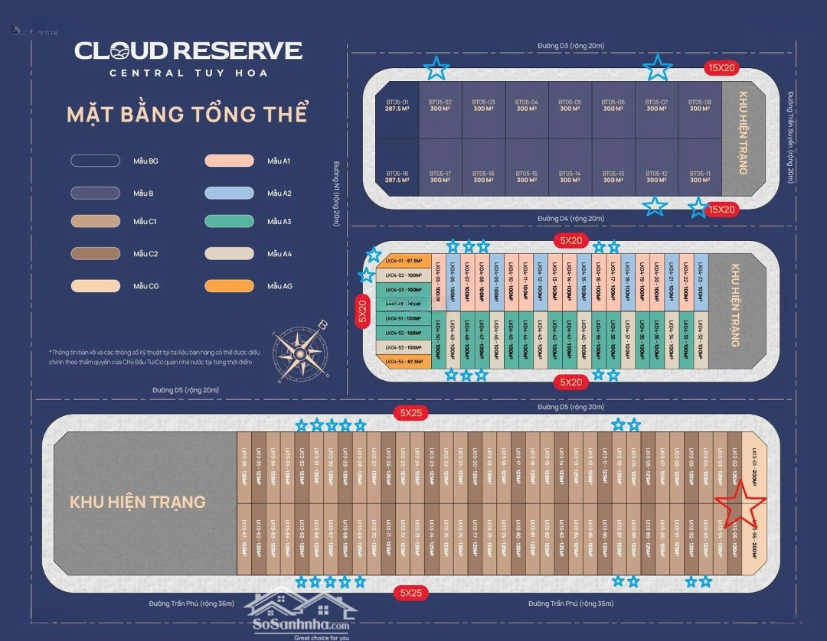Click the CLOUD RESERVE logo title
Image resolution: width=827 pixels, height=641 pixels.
click(x=188, y=51)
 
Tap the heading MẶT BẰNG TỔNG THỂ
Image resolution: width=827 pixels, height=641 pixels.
click(x=187, y=115)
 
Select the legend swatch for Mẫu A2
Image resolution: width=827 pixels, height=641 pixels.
click(x=229, y=194)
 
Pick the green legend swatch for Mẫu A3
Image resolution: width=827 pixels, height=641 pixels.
click(x=229, y=222)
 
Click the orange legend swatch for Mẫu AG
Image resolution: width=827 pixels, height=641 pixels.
click(x=229, y=286)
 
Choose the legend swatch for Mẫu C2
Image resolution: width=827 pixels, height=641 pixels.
click(x=95, y=254)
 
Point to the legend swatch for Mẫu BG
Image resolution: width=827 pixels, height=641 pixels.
click(x=95, y=161)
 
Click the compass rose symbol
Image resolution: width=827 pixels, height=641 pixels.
click(x=298, y=350)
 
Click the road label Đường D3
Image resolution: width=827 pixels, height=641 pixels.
click(x=570, y=47)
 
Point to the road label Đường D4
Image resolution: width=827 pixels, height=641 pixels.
click(x=570, y=219)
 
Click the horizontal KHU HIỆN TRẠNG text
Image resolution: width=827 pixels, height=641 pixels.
click(x=138, y=503)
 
